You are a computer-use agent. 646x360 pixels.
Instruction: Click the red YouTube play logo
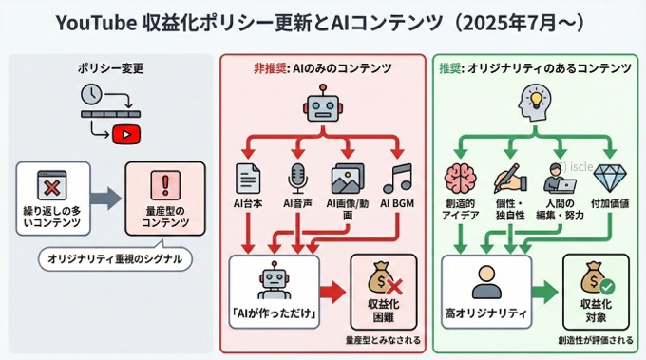coord(123,135)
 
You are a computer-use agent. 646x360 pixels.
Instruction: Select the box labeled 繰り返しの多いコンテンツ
coord(52,198)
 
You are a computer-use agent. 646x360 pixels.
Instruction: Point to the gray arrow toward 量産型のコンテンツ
coord(107,199)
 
